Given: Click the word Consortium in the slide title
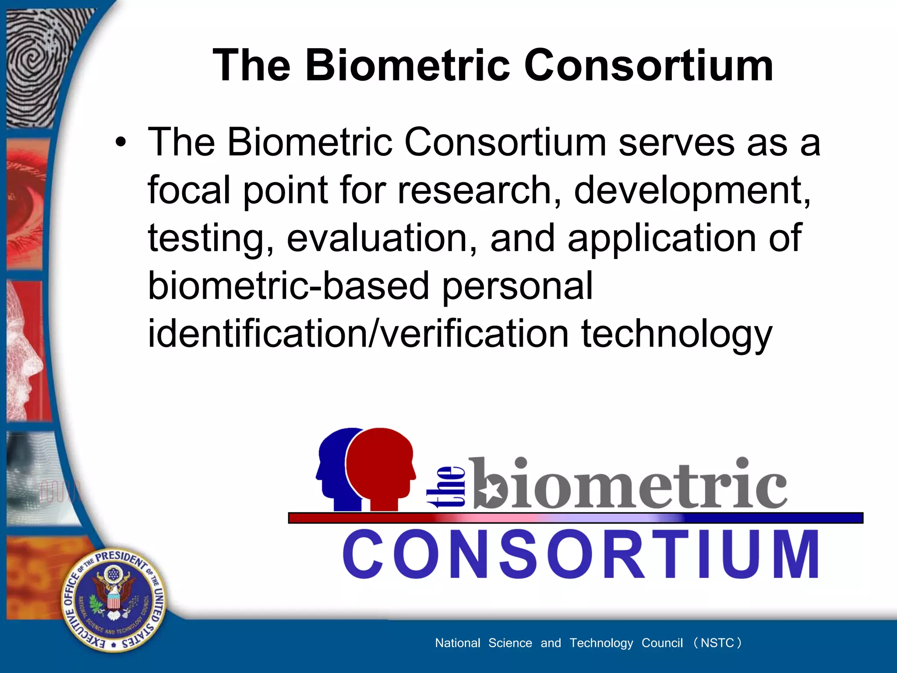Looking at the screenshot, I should pos(649,66).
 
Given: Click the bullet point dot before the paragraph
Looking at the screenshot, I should pos(120,143).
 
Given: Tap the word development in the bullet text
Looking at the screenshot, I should pos(692,191).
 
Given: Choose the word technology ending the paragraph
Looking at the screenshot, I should pos(677,335).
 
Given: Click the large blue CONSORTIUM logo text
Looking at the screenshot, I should pos(581,554).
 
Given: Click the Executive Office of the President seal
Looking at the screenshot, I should pos(114,600).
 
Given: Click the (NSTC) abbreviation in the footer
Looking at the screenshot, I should pos(717,643).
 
